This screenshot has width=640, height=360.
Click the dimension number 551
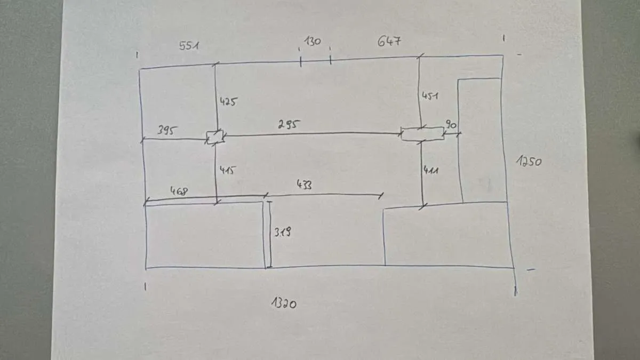189,46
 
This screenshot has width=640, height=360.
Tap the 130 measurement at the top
313,42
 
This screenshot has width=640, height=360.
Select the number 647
389,41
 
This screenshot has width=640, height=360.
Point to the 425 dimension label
228,102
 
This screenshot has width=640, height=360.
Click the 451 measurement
430,96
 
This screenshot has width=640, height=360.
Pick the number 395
167,130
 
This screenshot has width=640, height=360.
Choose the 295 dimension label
289,124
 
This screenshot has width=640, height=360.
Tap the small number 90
451,125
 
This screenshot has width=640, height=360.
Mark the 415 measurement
228,170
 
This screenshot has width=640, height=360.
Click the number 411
431,171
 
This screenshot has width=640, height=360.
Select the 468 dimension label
179,191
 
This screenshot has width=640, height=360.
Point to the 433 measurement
305,185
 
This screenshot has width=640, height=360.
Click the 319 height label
283,232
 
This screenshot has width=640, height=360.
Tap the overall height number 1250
529,161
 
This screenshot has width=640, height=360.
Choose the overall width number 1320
284,303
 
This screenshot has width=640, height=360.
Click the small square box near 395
214,138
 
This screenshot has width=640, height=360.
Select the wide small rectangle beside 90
422,134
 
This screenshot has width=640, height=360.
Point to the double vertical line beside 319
268,235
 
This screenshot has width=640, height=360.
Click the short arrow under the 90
451,133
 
